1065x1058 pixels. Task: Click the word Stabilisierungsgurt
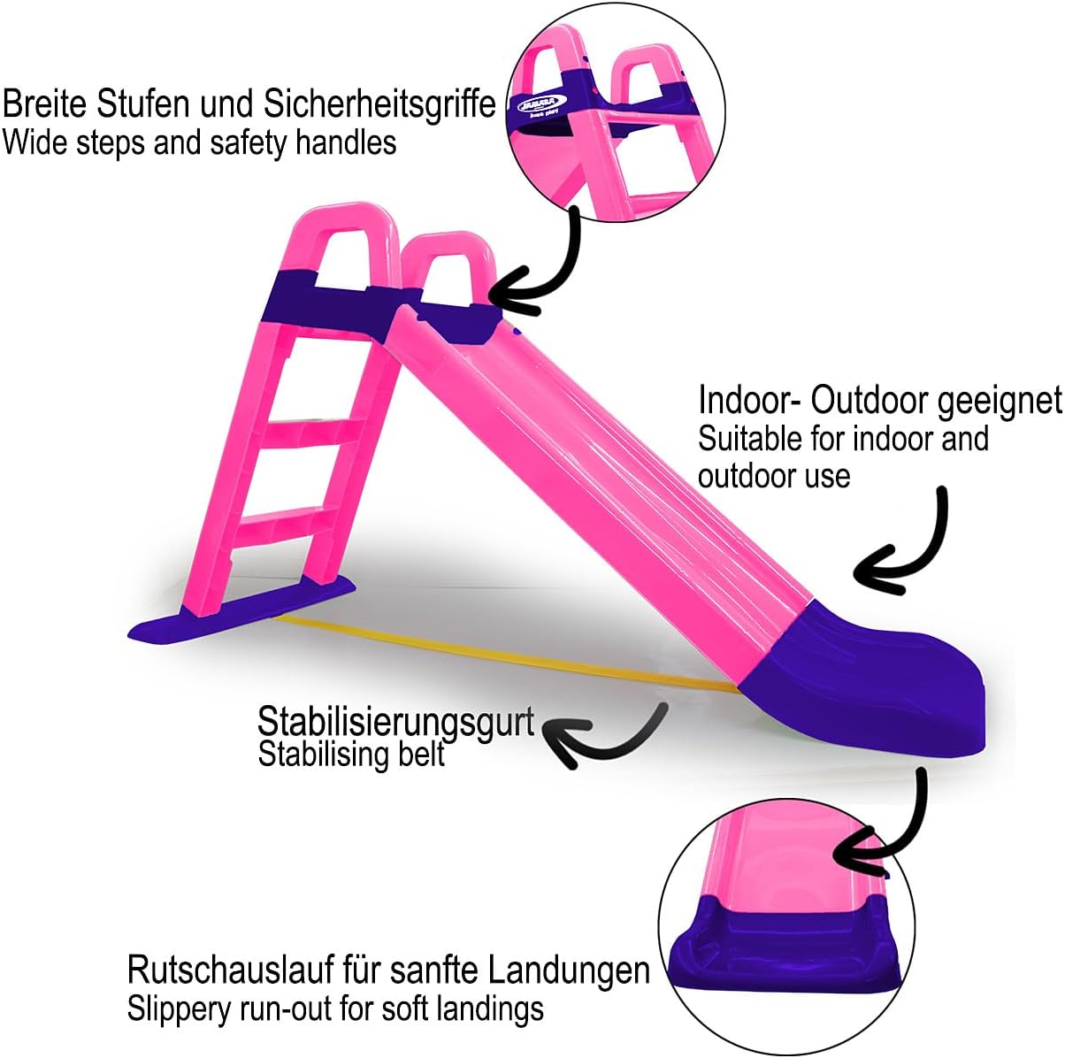395,723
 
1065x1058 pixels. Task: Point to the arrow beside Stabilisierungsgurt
610,739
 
